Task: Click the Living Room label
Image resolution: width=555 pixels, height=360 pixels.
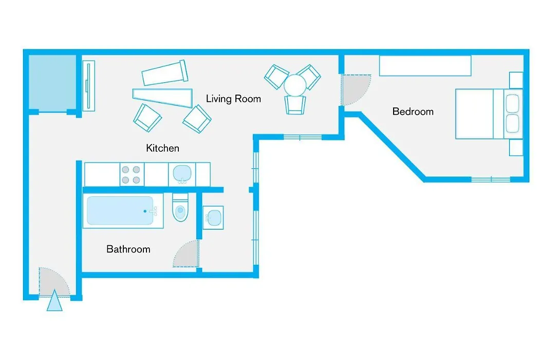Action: (233, 99)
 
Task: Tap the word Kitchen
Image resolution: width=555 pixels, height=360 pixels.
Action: (162, 148)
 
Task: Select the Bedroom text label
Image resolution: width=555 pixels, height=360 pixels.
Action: (413, 112)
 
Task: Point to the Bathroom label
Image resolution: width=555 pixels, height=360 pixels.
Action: (128, 249)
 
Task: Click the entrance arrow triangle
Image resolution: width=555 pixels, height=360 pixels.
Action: (54, 301)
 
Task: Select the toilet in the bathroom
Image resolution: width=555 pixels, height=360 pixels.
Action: (180, 208)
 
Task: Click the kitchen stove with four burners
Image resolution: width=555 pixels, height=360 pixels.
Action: (132, 175)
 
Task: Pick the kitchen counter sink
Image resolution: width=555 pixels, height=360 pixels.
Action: (182, 174)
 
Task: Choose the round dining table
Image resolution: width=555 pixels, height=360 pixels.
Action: (295, 85)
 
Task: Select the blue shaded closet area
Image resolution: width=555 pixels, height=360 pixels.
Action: (52, 82)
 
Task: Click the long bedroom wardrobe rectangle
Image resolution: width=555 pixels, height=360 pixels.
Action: (425, 65)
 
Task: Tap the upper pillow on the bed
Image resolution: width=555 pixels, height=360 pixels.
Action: (512, 103)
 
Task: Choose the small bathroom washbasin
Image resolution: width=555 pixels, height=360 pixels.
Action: (213, 218)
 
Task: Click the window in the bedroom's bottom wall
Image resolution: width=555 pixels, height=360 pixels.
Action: (491, 179)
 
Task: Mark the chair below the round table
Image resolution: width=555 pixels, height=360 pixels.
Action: (295, 105)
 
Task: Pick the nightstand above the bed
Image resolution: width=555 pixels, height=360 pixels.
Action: (516, 80)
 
